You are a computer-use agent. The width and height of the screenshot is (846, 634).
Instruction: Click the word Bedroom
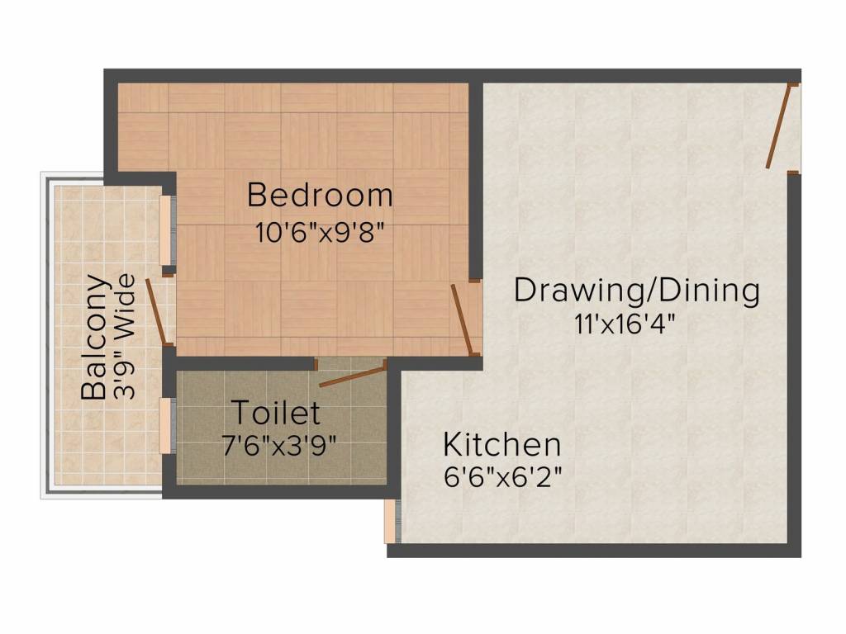coord(320,196)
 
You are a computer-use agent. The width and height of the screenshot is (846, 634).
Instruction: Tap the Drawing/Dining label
coord(636,291)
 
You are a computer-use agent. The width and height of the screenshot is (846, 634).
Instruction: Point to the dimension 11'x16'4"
coord(625,324)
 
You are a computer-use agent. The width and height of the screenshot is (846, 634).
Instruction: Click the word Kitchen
coord(501,444)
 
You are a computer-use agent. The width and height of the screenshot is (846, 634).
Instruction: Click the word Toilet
coord(275,411)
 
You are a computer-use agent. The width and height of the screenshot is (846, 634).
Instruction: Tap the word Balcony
coord(95,337)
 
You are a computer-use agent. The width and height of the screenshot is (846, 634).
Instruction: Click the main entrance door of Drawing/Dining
coord(779,125)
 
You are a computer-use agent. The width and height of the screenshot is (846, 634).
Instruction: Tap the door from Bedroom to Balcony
coord(159,312)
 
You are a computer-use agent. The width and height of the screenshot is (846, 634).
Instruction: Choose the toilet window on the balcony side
coord(167,425)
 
